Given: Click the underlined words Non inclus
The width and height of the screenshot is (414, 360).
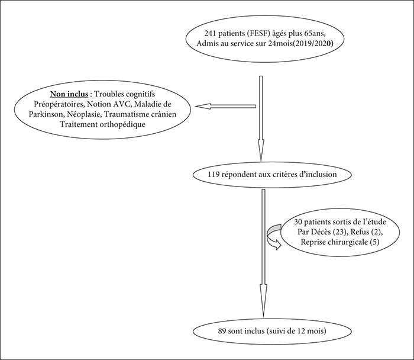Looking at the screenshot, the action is pyautogui.click(x=69, y=94).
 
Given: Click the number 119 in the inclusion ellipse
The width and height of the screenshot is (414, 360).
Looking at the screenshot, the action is pyautogui.click(x=214, y=175).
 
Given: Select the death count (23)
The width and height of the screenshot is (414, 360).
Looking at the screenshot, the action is pyautogui.click(x=339, y=232).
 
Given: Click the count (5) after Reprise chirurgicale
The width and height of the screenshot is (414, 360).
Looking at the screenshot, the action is pyautogui.click(x=375, y=242).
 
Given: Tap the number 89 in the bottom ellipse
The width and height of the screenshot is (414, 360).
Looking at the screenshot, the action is pyautogui.click(x=222, y=331).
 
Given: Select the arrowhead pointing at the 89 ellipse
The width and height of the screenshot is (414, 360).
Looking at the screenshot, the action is pyautogui.click(x=263, y=301).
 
